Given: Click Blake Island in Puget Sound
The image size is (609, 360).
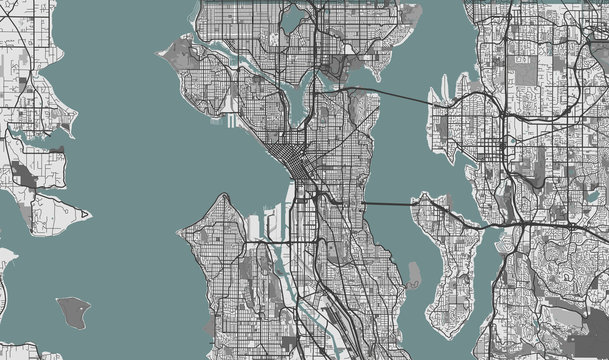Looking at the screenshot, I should [x=73, y=311].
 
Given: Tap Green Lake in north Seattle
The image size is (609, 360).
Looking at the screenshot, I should [x=292, y=20].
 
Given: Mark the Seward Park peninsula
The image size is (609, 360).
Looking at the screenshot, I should [x=413, y=272].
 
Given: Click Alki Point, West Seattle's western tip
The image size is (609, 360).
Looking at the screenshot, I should [x=179, y=232].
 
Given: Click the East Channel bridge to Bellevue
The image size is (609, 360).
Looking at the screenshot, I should [x=479, y=226].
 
